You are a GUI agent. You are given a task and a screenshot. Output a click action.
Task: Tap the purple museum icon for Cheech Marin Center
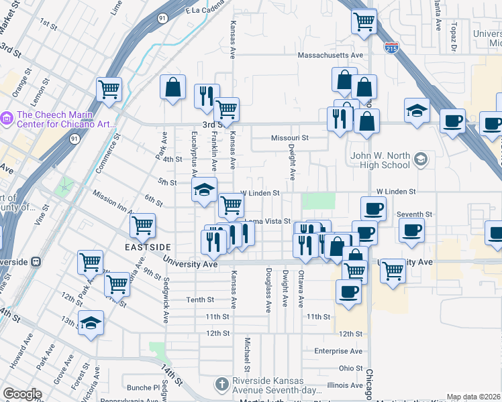coord(8,119)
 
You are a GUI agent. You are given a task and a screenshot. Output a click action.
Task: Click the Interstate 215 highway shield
coord(392,48)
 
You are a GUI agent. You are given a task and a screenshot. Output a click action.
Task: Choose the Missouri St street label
coord(289,138)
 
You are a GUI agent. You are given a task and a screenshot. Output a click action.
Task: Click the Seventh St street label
coord(414,214)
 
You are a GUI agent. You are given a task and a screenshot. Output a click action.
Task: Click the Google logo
coord(22,394)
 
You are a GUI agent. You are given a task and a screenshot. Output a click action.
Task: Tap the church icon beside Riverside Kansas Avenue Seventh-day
coord(222,385)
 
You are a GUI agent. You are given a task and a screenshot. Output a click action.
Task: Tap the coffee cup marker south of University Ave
coord(348,291)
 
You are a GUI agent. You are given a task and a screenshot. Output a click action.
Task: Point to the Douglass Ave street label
coord(268,291)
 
